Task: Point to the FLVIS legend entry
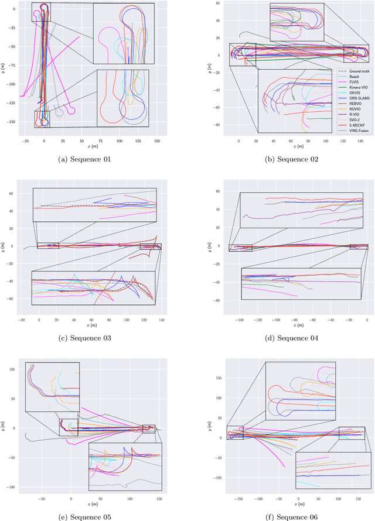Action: tap(350, 82)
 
